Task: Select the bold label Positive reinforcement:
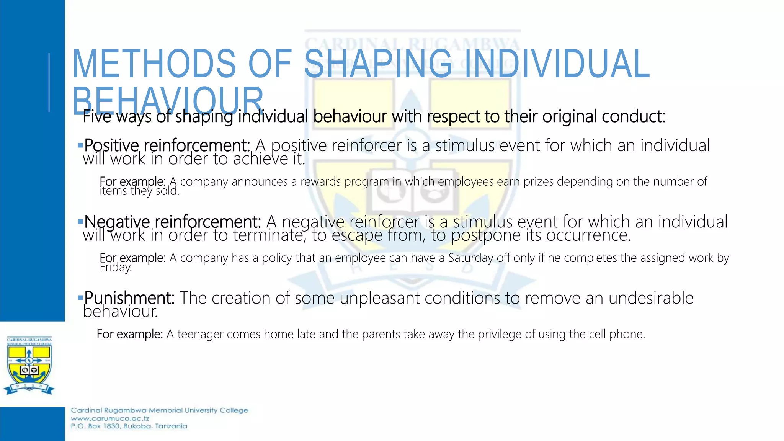tap(167, 145)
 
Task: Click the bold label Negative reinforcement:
tap(172, 222)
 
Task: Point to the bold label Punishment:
tap(129, 298)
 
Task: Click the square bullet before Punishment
tap(80, 297)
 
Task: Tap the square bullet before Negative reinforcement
tap(80, 221)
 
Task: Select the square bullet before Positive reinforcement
tap(80, 145)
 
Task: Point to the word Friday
tap(115, 267)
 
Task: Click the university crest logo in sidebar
tap(29, 366)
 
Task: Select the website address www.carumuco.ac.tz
tap(110, 418)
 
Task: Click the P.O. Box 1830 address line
tap(129, 426)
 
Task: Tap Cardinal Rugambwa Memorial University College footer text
tap(159, 410)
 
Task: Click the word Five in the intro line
tap(97, 117)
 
